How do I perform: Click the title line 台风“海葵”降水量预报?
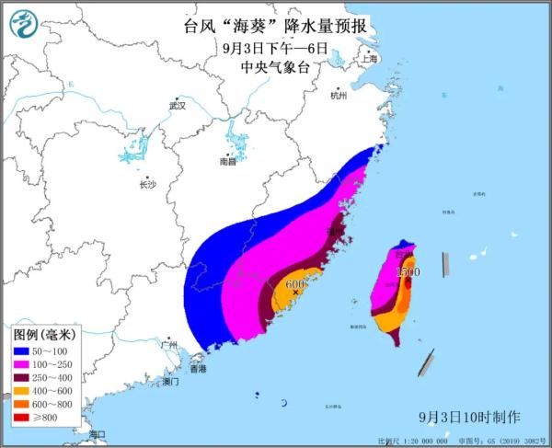(x=275, y=27)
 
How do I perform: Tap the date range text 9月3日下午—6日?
(x=275, y=48)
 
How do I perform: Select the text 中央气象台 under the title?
(x=275, y=67)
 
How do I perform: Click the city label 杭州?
(x=338, y=95)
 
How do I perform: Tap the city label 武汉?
(x=177, y=106)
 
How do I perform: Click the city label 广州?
(x=167, y=344)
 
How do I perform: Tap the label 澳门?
(x=170, y=380)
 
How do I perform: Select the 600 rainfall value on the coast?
(x=294, y=285)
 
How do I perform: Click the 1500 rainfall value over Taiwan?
(x=408, y=272)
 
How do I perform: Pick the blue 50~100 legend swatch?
(x=23, y=351)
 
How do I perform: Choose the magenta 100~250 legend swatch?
(x=23, y=365)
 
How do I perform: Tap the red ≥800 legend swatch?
(x=23, y=419)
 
